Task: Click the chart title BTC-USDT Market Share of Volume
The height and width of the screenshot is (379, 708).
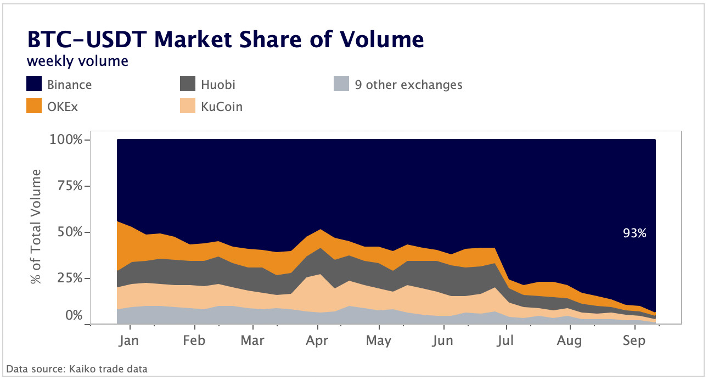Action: coord(225,41)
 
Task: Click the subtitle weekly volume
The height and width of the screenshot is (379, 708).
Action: coord(77,61)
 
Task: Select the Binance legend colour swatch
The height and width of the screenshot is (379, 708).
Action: coord(34,85)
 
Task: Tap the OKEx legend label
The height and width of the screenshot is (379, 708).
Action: coord(62,106)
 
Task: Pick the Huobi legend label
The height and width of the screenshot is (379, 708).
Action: coord(218,85)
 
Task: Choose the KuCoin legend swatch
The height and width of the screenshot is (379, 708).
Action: coord(188,106)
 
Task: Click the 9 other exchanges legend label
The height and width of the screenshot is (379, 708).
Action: coord(414,85)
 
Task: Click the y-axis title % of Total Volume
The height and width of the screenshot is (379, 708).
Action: coord(37,227)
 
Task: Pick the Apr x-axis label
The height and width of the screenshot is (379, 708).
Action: coord(317,341)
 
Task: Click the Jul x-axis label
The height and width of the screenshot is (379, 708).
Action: coord(504,341)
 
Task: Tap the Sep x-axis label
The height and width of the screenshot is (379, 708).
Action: coord(634,341)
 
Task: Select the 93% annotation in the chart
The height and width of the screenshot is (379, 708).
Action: coord(634,233)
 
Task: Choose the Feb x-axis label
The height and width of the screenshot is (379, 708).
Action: coord(194,341)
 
